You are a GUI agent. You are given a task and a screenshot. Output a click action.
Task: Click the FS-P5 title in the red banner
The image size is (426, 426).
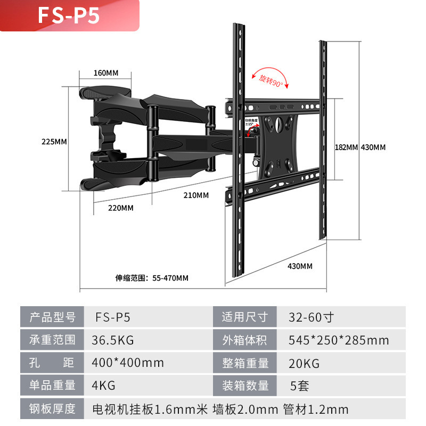68,15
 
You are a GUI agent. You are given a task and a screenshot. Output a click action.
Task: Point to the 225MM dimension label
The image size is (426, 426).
54,142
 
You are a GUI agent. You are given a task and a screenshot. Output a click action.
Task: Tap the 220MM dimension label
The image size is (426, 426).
120,208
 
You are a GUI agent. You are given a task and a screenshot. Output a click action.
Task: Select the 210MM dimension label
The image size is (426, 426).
196,195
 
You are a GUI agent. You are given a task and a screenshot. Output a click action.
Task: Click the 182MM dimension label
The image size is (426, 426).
346,147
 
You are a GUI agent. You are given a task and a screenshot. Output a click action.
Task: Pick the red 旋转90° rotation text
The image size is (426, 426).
271,81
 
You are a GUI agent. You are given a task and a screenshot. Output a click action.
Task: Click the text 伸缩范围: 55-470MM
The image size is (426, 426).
152,278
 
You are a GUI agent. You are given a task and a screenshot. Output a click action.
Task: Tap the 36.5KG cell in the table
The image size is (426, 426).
113,340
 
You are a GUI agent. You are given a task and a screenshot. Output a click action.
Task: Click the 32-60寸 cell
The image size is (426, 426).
311,317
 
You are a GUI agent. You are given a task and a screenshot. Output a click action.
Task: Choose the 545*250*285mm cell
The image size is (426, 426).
339,340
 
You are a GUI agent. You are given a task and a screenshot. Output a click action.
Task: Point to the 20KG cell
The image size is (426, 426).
304,362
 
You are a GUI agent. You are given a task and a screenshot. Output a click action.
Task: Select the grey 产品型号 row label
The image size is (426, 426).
52,317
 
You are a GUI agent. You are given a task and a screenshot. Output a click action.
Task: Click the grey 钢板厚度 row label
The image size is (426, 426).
52,409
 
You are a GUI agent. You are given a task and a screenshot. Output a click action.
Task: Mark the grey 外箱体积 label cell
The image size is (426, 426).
244,340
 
